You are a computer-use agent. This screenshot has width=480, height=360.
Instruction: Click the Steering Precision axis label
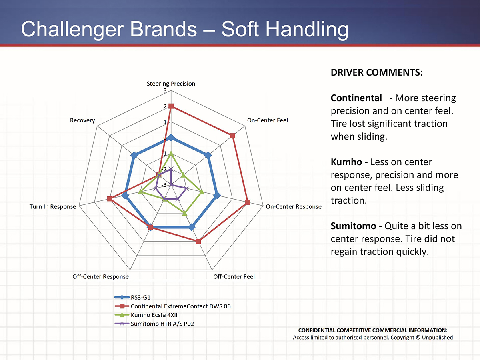click(171, 84)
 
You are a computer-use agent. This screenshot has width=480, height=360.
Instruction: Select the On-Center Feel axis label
click(267, 120)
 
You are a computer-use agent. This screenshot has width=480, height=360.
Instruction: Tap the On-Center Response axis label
click(293, 207)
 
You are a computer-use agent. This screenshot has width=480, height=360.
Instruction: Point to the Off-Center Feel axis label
click(234, 276)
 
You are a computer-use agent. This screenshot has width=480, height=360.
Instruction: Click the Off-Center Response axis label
click(100, 276)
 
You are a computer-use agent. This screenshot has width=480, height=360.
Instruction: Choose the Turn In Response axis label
click(52, 207)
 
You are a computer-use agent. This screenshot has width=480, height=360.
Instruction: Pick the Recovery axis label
click(82, 120)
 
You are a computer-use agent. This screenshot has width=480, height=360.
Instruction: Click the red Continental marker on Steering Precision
click(171, 106)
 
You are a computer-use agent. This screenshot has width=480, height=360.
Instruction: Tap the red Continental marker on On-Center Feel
click(233, 136)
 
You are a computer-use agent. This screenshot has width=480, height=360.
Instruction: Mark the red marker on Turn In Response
click(110, 199)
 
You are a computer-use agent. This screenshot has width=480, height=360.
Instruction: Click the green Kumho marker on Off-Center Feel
click(184, 213)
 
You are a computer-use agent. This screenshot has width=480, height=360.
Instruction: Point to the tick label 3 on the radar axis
click(165, 91)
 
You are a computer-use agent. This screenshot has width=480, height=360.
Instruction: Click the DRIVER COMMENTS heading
click(377, 73)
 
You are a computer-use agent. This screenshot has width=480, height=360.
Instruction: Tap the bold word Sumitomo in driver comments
click(353, 226)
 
